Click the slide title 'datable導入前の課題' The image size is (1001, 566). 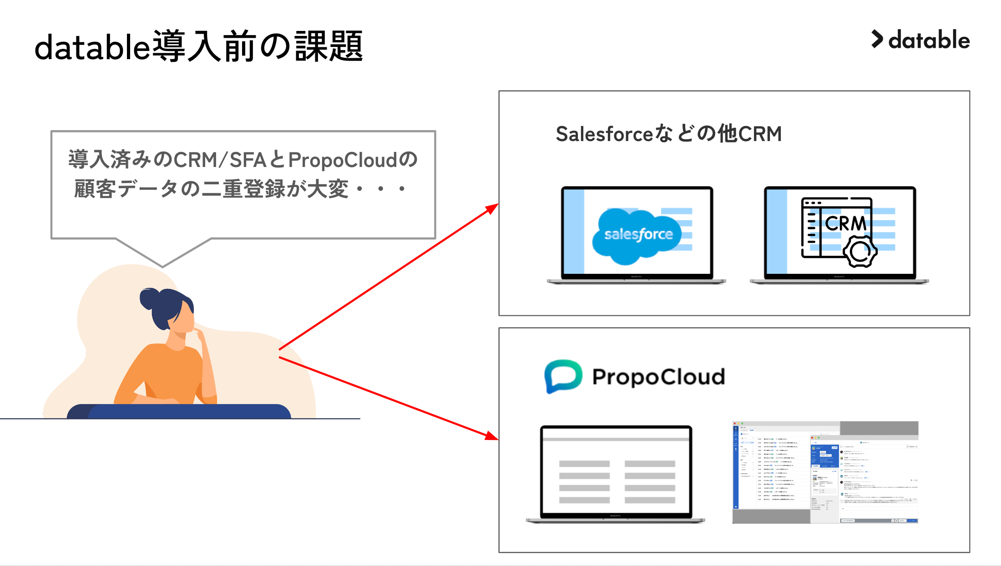click(198, 46)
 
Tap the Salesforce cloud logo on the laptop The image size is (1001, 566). click(637, 235)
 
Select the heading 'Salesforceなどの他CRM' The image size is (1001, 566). click(668, 134)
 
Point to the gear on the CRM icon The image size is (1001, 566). click(859, 251)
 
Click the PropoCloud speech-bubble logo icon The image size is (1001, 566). click(563, 376)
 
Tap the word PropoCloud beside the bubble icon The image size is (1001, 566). click(658, 377)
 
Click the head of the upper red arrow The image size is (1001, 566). click(493, 208)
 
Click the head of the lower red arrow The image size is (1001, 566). click(492, 437)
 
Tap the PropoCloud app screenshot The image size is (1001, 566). click(825, 472)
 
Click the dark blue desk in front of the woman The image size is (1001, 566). click(180, 411)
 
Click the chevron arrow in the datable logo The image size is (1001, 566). click(877, 39)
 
